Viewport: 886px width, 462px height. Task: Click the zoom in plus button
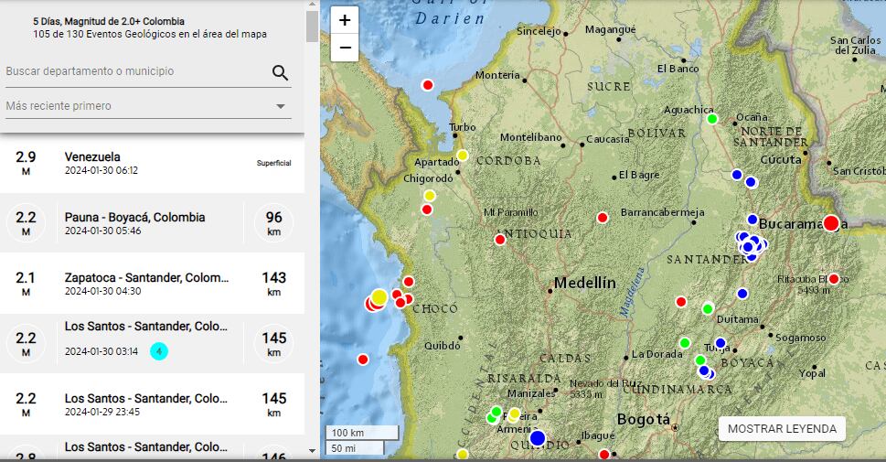pos(345,20)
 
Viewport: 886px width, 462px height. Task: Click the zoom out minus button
pos(345,48)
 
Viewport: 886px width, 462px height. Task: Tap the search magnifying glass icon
pos(281,73)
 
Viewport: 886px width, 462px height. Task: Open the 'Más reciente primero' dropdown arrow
pos(281,107)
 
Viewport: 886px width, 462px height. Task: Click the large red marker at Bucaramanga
pos(831,223)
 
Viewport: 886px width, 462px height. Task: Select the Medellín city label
pos(585,283)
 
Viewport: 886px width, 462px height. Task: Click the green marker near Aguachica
pos(712,119)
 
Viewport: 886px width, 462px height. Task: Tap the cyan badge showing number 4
pos(159,351)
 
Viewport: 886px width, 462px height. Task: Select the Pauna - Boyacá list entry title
pos(134,218)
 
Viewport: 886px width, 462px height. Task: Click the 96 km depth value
pos(273,218)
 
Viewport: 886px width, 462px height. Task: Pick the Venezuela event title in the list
pos(92,156)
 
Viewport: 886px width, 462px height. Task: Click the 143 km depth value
pos(273,278)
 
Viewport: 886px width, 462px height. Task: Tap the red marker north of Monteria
pos(427,85)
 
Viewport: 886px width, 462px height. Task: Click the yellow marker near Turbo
pos(463,155)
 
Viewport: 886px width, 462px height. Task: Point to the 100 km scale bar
pos(362,432)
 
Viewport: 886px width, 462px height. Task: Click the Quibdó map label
pos(443,346)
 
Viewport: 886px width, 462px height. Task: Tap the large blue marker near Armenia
pos(537,438)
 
